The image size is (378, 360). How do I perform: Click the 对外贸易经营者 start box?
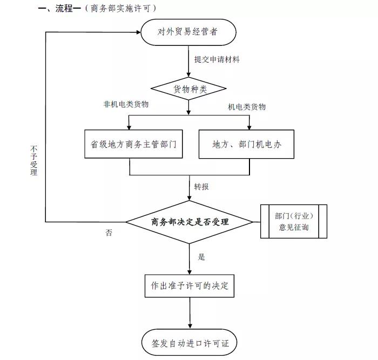(188, 32)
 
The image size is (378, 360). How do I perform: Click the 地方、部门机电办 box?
(246, 145)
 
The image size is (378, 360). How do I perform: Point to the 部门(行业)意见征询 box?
(294, 221)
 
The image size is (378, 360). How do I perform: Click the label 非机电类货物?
(126, 105)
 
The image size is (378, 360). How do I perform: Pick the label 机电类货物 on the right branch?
(247, 107)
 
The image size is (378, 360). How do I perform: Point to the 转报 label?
(201, 187)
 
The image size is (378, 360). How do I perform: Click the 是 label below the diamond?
(201, 257)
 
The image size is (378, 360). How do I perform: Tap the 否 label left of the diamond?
(109, 233)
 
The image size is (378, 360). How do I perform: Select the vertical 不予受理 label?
(34, 160)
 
